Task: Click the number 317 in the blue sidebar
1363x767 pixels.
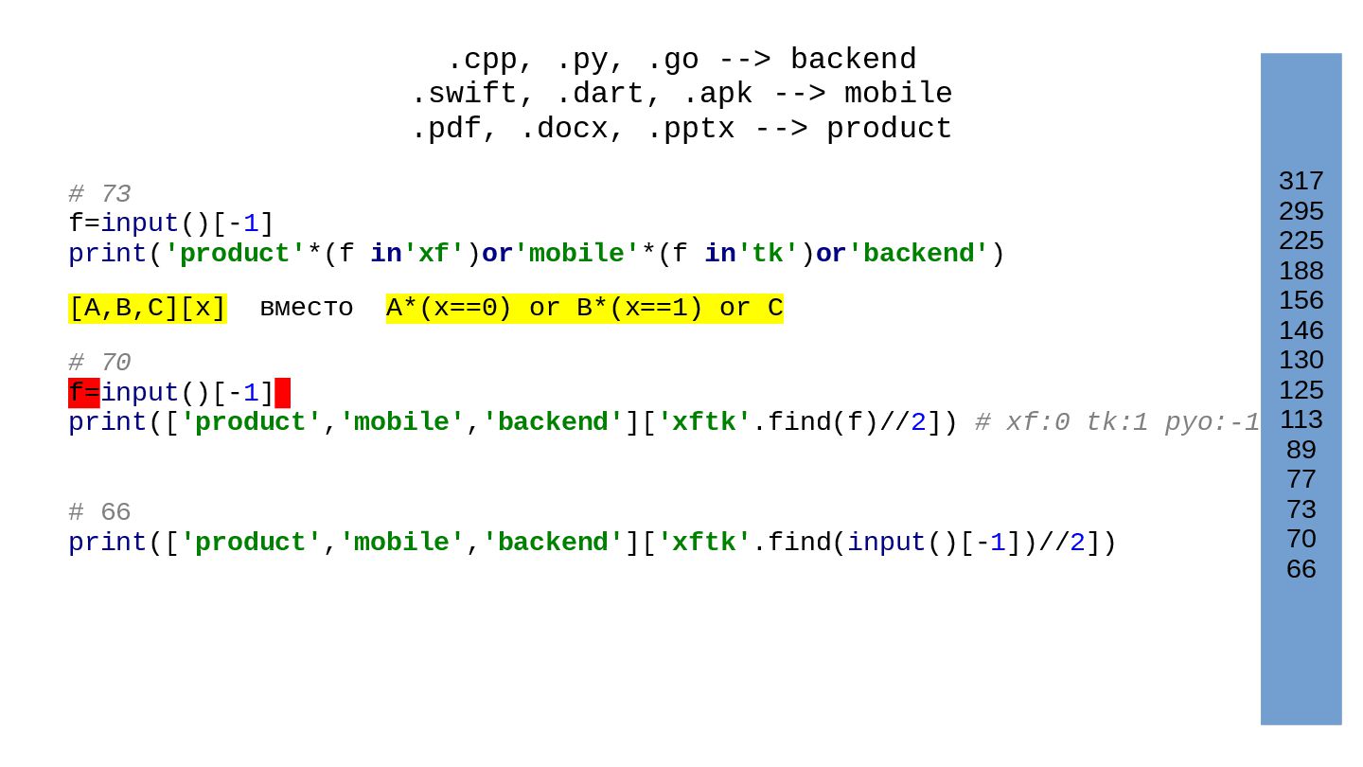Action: click(1301, 181)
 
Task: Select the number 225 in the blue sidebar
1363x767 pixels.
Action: click(1301, 241)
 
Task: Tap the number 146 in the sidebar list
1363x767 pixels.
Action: click(1301, 330)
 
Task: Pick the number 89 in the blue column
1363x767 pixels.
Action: click(1301, 450)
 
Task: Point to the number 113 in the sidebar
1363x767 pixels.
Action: click(1301, 419)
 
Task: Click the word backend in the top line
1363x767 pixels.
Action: click(853, 60)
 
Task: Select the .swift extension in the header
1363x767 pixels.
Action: click(454, 95)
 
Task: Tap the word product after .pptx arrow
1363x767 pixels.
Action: click(889, 129)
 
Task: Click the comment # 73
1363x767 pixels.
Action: click(99, 194)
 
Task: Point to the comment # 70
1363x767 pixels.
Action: click(99, 363)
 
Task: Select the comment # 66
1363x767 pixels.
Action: click(99, 512)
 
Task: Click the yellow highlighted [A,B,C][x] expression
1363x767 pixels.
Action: click(147, 309)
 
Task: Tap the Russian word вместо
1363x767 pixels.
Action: click(306, 309)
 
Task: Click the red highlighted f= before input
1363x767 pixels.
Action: click(83, 393)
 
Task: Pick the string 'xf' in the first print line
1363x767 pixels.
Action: click(434, 255)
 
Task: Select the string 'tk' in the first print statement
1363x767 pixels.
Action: click(768, 255)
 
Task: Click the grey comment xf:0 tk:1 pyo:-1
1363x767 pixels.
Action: click(1117, 423)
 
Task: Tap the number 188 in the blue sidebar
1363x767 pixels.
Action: click(1301, 271)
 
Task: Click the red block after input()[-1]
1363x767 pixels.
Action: click(282, 393)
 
